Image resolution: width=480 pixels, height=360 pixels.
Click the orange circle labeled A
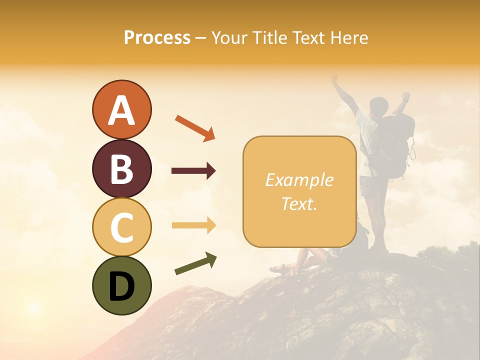[x=121, y=110]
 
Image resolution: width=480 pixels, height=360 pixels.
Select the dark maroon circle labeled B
[x=121, y=168]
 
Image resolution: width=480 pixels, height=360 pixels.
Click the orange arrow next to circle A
[x=194, y=127]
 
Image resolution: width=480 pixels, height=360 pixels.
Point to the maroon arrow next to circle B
[x=193, y=171]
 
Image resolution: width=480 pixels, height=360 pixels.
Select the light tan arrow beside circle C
[x=193, y=225]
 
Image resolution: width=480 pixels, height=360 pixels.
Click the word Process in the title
[x=157, y=37]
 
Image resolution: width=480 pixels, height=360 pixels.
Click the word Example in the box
[x=299, y=180]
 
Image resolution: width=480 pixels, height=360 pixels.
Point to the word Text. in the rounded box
[x=299, y=203]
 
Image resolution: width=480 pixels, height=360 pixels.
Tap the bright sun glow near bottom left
[x=33, y=306]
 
